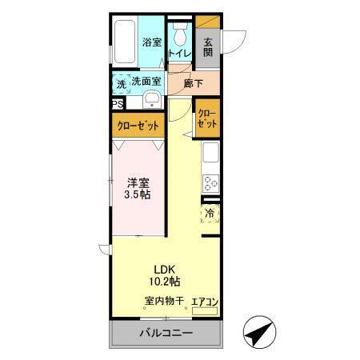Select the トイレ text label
pos(179,54)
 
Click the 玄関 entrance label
pos(207,48)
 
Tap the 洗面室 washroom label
pos(146,81)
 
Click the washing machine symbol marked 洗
pos(120,82)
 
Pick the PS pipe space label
pos(117,103)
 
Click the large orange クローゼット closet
pos(138,126)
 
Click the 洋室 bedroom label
pos(138,182)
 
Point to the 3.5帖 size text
pos(138,195)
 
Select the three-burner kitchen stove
pos(210,182)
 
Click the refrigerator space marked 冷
pos(210,214)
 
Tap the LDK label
pos(165,269)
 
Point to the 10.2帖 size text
pos(165,282)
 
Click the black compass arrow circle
pos(258,334)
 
